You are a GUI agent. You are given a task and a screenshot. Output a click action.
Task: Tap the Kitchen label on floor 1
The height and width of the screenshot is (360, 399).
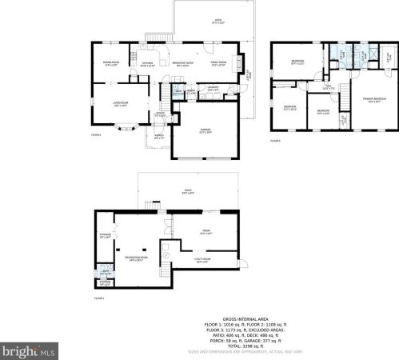147,64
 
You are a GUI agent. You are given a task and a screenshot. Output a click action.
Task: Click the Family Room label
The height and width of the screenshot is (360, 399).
218,64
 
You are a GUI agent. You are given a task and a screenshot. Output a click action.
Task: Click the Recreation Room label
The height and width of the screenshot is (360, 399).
134,258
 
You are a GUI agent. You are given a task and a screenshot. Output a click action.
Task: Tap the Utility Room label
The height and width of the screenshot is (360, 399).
201,259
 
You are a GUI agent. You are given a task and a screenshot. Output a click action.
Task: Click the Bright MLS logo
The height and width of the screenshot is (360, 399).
29,350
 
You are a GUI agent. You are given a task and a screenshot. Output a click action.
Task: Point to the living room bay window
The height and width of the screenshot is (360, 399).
126,126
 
